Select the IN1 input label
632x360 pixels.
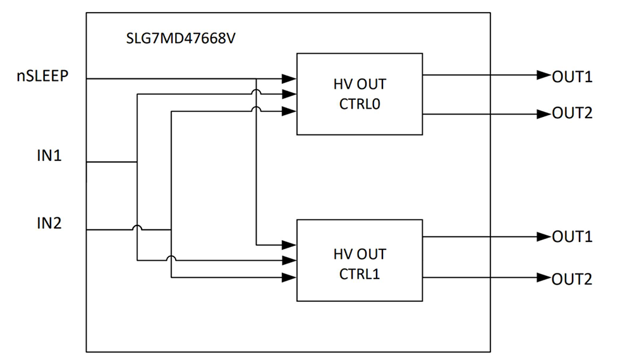coord(49,155)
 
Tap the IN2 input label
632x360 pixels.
coord(49,222)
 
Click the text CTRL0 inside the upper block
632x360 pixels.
coord(359,104)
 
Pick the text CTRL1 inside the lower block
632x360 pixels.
coord(359,275)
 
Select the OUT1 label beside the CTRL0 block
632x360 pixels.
coord(572,76)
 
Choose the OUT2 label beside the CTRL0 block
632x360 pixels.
coord(572,114)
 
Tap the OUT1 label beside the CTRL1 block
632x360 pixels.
coord(572,237)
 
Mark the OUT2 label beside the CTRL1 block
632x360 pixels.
coord(572,279)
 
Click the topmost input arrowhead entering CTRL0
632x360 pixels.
coord(289,79)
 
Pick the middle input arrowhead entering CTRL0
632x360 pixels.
coord(289,95)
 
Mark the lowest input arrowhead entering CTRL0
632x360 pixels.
coord(289,111)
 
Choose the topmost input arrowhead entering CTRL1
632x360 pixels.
coord(289,244)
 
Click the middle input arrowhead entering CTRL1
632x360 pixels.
coord(289,260)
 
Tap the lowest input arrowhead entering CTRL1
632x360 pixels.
coord(289,277)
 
